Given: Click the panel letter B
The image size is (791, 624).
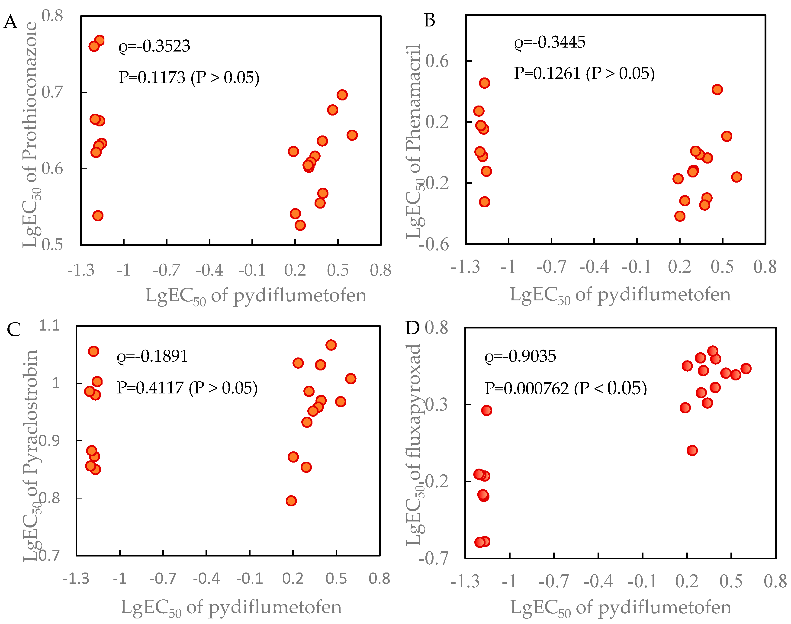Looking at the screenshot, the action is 430,20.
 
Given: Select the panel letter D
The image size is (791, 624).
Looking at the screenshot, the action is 412,328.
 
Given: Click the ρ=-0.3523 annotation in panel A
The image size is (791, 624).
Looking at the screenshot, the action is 154,46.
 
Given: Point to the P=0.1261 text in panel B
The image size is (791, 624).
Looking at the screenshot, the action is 547,74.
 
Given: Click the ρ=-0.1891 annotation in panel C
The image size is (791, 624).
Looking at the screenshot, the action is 152,356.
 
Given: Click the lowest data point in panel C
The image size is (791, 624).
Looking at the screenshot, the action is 291,501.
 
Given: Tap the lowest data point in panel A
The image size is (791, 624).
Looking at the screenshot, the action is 300,225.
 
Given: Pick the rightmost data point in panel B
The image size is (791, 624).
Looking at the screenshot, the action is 736,177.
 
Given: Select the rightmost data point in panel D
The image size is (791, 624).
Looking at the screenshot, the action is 746,368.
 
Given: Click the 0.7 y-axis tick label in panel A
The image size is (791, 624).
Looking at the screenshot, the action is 52,92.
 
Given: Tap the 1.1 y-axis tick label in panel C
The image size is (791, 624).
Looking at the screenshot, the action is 49,325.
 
